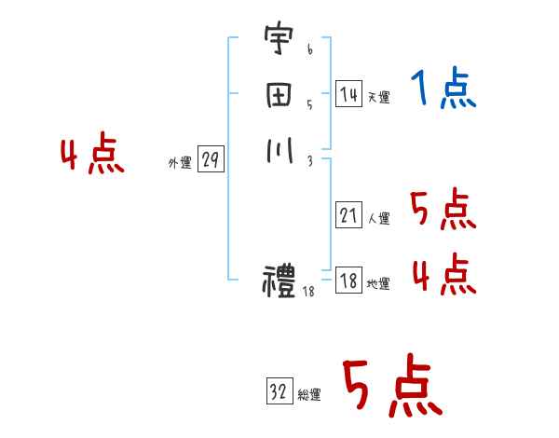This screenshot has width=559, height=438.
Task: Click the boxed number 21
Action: [348, 216]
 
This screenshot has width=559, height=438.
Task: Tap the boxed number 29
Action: [210, 160]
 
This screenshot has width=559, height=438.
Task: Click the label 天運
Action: [378, 97]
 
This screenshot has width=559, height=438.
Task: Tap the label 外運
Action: [180, 163]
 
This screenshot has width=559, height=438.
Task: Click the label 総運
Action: [309, 394]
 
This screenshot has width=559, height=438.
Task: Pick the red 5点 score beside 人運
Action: [443, 211]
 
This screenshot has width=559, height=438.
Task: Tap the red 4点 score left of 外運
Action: [92, 156]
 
